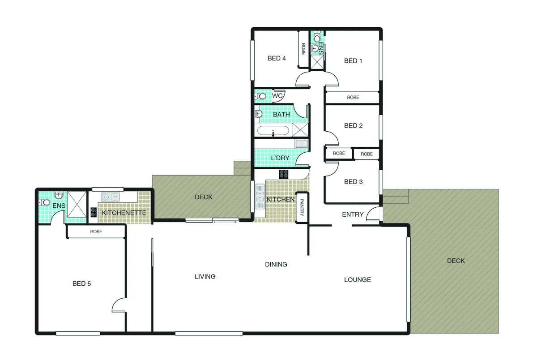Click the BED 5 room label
[85, 283]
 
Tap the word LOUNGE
[357, 280]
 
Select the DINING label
[276, 264]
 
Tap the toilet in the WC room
[261, 96]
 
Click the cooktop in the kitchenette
[94, 212]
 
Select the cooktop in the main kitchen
[284, 174]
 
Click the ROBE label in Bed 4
[303, 49]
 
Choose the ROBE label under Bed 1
[353, 97]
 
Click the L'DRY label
[280, 158]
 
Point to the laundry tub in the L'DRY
[302, 144]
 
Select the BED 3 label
[353, 182]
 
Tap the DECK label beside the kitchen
[204, 197]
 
